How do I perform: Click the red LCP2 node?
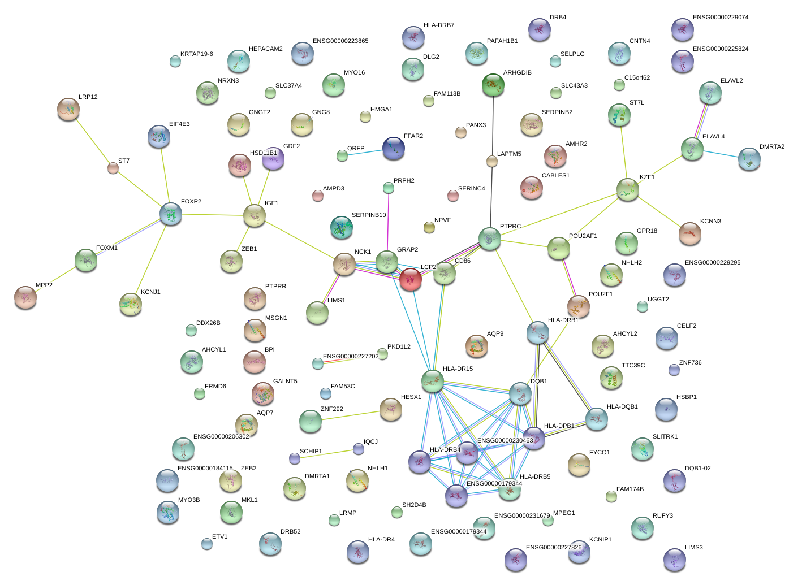410,279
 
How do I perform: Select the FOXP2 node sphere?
171,214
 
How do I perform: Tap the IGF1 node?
255,215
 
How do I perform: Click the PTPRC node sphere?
490,239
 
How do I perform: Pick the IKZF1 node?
628,189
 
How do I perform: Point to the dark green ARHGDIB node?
493,85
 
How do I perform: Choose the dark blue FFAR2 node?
394,148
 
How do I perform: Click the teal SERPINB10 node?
341,227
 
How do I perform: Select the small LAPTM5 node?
492,162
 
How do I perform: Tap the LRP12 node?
68,109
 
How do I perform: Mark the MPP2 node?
25,297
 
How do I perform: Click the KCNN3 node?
690,233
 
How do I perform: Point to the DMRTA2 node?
749,159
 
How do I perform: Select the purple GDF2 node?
273,158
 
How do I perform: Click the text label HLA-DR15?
458,369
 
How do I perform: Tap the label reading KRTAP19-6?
196,54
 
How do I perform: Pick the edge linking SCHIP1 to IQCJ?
326,453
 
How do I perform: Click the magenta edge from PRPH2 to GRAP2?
388,220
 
